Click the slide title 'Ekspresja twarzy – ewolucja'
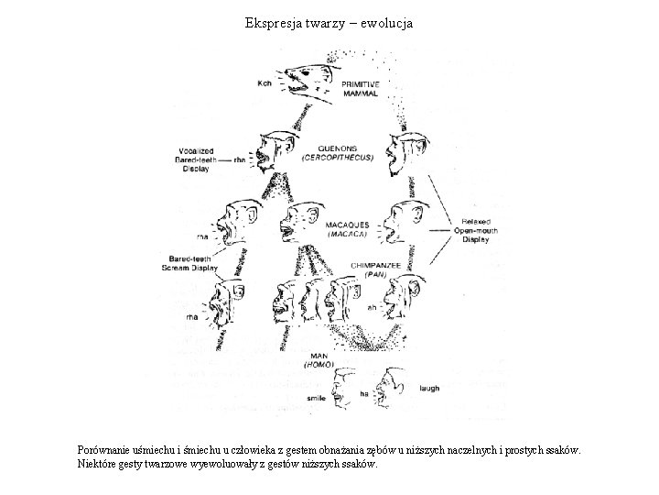pos(329,22)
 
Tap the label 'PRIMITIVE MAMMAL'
pos(362,87)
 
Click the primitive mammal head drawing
pos(307,81)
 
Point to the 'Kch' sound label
pos(265,83)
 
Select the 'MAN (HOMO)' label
pos(319,359)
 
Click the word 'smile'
pos(317,399)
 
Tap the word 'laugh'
pos(429,389)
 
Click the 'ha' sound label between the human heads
pos(363,393)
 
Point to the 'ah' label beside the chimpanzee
pos(373,308)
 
